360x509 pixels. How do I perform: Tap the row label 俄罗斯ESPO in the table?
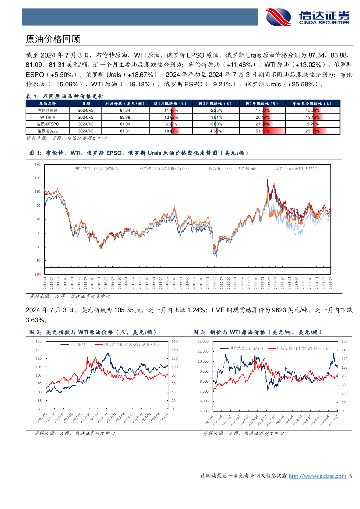click(48, 123)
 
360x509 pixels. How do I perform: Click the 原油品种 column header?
click(48, 103)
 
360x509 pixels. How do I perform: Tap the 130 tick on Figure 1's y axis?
click(38, 177)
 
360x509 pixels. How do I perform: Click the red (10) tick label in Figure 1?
click(38, 274)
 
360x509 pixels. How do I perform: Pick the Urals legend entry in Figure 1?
click(221, 169)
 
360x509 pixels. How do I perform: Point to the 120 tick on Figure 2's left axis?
click(38, 342)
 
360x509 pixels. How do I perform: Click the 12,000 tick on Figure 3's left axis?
click(202, 342)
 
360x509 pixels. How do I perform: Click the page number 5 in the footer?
click(351, 476)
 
